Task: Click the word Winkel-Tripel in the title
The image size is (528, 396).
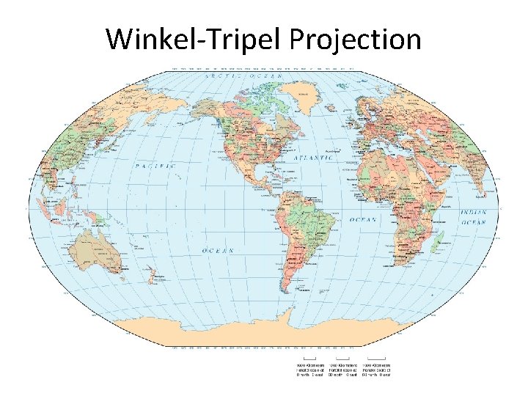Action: click(195, 39)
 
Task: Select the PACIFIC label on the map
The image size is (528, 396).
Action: click(156, 166)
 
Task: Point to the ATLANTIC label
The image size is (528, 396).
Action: click(313, 158)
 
